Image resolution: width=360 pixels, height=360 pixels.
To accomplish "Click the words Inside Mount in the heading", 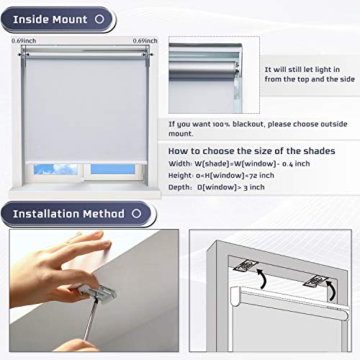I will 50,19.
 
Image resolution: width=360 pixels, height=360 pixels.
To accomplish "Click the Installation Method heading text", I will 68,214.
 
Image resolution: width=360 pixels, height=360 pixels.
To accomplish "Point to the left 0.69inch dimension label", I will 24,41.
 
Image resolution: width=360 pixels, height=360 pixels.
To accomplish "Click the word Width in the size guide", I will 180,163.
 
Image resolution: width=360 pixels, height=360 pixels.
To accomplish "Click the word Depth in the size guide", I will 181,187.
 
